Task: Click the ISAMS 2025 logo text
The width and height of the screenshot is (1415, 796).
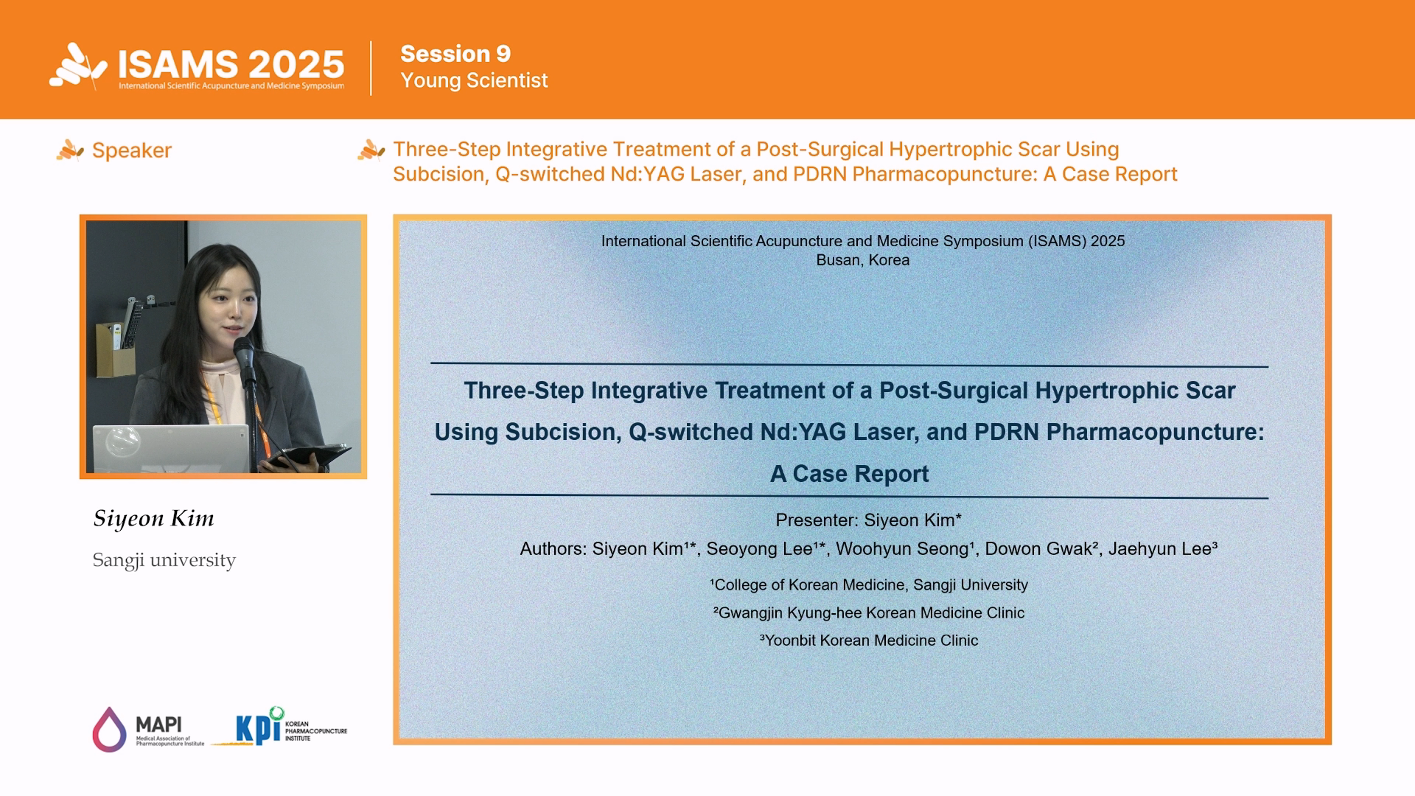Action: tap(231, 64)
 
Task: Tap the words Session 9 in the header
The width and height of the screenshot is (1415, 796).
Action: tap(455, 54)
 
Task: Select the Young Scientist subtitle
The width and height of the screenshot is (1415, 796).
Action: tap(474, 80)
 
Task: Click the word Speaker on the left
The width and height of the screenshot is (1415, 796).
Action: tap(132, 150)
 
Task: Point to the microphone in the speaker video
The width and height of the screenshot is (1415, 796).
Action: tap(244, 354)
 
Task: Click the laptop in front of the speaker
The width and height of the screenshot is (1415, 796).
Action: tap(171, 448)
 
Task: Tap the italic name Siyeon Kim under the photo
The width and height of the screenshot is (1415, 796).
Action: tap(154, 518)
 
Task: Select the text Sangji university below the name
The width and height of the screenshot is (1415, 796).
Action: tap(164, 560)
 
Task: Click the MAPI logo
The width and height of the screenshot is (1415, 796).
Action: tap(148, 730)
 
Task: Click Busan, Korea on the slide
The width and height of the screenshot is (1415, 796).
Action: tap(863, 260)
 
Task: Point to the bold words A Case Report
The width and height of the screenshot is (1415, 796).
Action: tap(849, 474)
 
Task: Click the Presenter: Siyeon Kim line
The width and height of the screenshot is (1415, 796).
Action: tap(868, 520)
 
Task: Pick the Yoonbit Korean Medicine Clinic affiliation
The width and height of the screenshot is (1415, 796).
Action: tap(869, 640)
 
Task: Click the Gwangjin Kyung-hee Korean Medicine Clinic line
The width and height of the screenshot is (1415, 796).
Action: tap(869, 612)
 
